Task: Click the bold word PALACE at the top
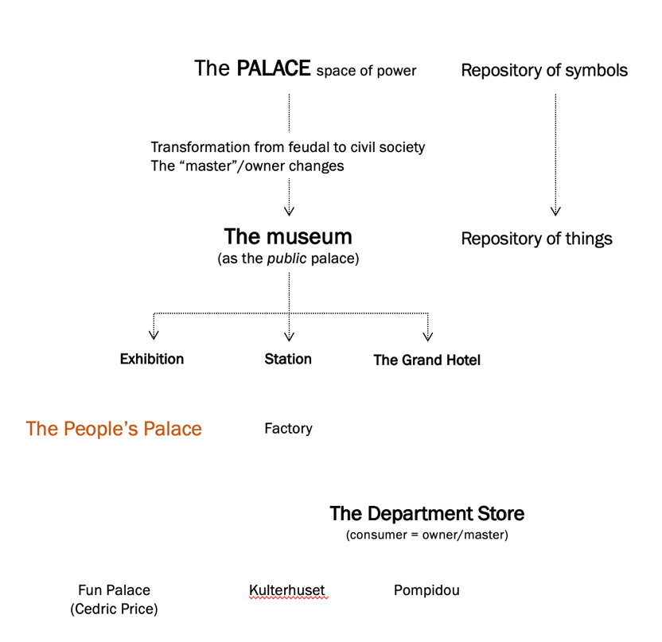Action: coord(273,68)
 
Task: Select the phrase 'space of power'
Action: coord(366,71)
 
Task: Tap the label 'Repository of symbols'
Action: coord(544,71)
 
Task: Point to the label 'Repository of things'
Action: coord(536,239)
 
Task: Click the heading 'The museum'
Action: coord(288,236)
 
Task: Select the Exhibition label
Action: coord(152,359)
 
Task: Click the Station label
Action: coord(288,359)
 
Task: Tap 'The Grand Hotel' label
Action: coord(426,360)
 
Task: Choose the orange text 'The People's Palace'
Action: coord(114,429)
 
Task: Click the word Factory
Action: coord(288,429)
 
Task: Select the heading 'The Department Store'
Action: coord(426,513)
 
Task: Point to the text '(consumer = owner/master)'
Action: coord(426,535)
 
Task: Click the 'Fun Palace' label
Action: coord(114,590)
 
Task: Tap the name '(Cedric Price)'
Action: coord(114,609)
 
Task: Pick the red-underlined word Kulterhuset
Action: coord(287,590)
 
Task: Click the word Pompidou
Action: coord(426,590)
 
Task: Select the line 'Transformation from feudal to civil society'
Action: coord(288,147)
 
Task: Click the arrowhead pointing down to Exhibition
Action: coord(152,336)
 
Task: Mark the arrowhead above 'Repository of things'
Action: coord(555,211)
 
